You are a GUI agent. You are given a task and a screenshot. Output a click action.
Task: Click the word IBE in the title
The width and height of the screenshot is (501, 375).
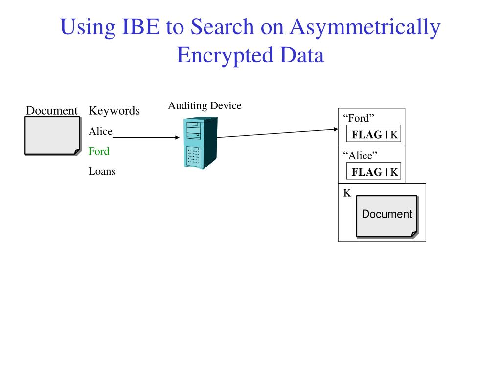(x=139, y=27)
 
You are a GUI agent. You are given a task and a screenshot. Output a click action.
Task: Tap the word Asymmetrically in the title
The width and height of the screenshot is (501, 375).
(x=364, y=28)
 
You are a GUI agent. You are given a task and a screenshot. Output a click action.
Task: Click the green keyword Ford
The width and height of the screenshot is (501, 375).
(x=99, y=151)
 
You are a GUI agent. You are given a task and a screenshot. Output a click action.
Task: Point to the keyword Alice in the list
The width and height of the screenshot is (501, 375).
(x=100, y=132)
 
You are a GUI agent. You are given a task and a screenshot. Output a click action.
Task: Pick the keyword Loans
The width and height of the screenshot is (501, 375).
(x=102, y=171)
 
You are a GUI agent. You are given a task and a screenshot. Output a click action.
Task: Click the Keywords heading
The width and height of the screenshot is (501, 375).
(x=114, y=111)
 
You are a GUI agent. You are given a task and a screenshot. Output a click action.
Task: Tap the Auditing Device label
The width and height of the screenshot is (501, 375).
(x=205, y=106)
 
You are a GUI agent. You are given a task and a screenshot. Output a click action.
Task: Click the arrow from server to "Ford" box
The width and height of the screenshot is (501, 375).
(x=277, y=133)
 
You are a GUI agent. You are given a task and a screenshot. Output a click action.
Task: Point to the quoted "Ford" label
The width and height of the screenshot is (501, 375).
(x=359, y=118)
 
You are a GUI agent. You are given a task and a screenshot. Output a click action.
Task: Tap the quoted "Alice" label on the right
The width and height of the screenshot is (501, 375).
(x=361, y=156)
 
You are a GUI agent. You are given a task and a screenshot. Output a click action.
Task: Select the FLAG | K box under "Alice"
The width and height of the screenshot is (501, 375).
(x=374, y=172)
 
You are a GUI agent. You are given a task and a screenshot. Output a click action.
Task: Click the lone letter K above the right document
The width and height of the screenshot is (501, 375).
(x=347, y=193)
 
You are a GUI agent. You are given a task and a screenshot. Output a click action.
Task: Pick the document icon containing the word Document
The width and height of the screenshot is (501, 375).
(x=387, y=216)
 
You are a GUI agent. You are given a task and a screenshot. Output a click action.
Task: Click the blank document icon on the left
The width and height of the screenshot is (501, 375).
(x=52, y=135)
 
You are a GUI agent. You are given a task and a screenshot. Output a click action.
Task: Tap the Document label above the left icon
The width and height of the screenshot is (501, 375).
(x=52, y=111)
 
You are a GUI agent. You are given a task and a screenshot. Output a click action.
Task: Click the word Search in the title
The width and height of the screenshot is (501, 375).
(x=222, y=27)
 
